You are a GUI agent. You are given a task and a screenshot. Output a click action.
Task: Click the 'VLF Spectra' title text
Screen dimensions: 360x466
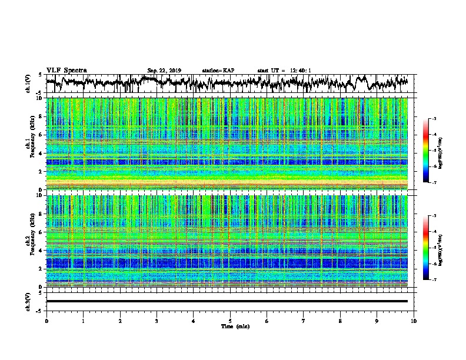tap(66, 70)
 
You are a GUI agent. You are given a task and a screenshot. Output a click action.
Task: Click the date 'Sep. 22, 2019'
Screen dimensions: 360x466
tap(164, 71)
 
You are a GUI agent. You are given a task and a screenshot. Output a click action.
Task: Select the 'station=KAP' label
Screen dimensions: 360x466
tap(218, 71)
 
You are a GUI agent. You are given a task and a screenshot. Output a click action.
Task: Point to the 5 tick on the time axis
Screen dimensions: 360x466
tap(230, 320)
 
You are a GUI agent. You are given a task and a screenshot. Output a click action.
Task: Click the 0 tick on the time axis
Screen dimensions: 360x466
tap(46, 320)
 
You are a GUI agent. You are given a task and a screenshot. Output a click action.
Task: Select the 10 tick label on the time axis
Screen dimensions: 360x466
tap(414, 320)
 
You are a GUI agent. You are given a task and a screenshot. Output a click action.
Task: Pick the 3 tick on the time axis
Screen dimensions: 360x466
tap(157, 320)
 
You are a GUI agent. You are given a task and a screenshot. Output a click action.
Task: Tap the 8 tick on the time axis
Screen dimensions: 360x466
tap(340, 320)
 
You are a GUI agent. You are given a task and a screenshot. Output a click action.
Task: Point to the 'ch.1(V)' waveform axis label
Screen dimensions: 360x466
tap(29, 84)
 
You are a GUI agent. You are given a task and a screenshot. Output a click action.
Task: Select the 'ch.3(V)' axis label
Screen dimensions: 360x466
tap(29, 301)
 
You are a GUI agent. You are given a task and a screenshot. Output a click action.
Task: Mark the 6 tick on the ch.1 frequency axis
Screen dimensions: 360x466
tap(42, 135)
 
